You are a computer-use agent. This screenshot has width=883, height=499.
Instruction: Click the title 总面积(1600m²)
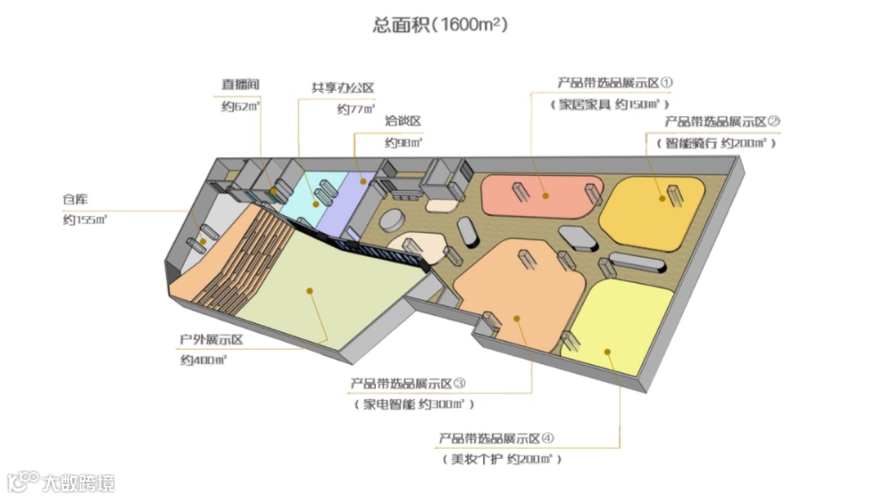[x=441, y=25]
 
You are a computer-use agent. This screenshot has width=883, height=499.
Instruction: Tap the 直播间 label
[x=240, y=84]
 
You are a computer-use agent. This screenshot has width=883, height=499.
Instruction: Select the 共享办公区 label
[x=343, y=88]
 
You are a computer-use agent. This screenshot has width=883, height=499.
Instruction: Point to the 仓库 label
[x=75, y=199]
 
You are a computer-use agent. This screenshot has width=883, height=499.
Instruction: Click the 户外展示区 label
[x=213, y=339]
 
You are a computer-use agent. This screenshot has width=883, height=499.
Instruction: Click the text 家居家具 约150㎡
[x=610, y=104]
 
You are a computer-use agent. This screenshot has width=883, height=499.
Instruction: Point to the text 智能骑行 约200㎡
[x=716, y=142]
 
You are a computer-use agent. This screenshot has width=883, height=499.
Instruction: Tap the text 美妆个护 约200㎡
[x=502, y=459]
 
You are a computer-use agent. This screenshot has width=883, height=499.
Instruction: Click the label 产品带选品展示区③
[x=409, y=383]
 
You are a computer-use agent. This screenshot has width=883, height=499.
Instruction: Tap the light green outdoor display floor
[x=327, y=294]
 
